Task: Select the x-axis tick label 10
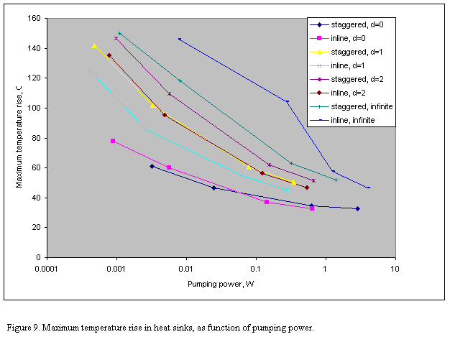pos(394,267)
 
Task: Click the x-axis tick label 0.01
pos(185,267)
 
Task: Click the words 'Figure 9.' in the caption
pos(23,328)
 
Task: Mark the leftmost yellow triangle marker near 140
pos(94,46)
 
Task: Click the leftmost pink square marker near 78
pos(113,141)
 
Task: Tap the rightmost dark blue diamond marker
pos(357,208)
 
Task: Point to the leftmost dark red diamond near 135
pos(109,55)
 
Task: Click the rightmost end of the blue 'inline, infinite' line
pos(369,188)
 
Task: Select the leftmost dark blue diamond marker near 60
pos(152,166)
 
